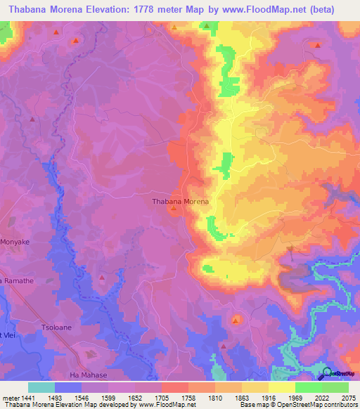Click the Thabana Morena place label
[x=180, y=202]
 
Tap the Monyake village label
[x=15, y=242]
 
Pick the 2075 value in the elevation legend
[x=349, y=398]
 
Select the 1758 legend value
[x=188, y=398]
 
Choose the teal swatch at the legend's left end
[x=41, y=387]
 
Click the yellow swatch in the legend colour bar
[x=281, y=387]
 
